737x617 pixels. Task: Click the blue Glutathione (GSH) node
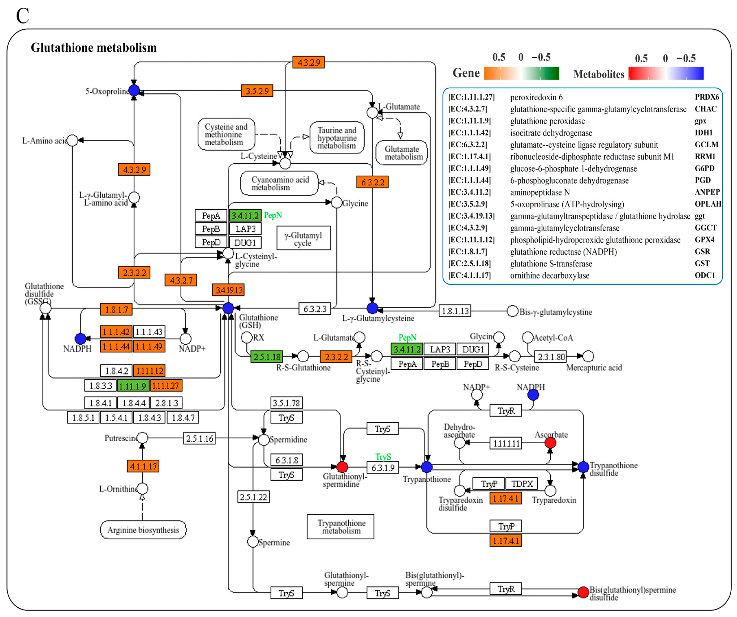pos(228,308)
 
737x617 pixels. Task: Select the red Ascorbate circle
pos(550,443)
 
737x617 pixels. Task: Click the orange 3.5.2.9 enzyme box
pos(257,91)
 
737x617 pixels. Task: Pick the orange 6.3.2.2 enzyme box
pos(372,182)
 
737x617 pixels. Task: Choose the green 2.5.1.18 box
pos(267,357)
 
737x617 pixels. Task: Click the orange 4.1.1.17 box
pos(143,466)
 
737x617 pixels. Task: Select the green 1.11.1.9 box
pos(133,386)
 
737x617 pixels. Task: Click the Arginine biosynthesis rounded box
pos(143,530)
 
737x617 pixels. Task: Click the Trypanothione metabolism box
pos(341,526)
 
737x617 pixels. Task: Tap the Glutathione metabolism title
pos(94,47)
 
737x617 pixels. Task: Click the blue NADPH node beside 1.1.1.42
pos(80,339)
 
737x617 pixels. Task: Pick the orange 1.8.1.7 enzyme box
pos(116,309)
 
